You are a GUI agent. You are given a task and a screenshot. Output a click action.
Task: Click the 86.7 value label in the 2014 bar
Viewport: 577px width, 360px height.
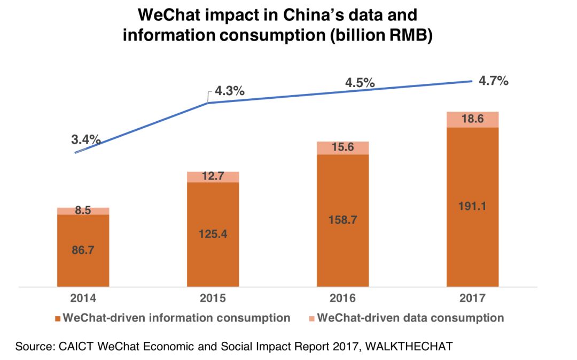(x=83, y=249)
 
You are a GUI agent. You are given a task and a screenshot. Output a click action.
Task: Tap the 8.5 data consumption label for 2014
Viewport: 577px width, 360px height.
(x=83, y=210)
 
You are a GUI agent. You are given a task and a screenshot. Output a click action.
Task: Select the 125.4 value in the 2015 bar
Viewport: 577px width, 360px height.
(x=213, y=233)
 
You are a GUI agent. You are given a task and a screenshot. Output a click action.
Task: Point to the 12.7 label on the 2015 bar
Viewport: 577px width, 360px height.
(x=213, y=176)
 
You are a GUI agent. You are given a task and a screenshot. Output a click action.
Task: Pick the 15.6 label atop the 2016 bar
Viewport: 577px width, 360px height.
(x=342, y=147)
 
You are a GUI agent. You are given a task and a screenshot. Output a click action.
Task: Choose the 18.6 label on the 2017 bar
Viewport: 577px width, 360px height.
(x=472, y=119)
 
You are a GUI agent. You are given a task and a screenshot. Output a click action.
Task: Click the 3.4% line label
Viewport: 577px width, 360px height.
(x=86, y=140)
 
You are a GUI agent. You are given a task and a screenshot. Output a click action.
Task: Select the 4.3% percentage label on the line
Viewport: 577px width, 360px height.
(x=230, y=91)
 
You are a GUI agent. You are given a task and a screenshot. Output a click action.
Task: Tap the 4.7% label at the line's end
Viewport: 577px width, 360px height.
(x=493, y=81)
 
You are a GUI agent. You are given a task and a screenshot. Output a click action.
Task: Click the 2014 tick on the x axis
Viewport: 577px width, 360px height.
(x=83, y=298)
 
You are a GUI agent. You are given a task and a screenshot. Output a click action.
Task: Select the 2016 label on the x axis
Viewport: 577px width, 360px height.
(x=342, y=298)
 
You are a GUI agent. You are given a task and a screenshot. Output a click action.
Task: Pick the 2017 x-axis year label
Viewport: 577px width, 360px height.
(x=472, y=298)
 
